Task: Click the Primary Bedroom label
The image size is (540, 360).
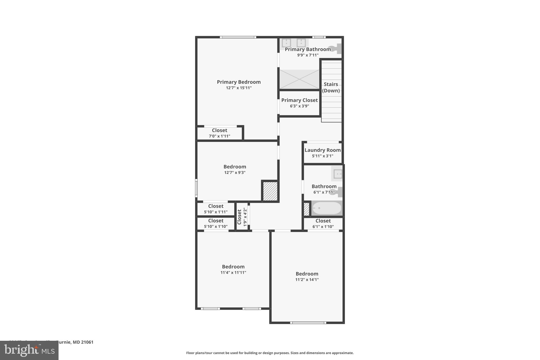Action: coord(239,82)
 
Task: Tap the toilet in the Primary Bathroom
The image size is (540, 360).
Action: coord(336,49)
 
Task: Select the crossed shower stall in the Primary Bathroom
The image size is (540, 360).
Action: coord(299,79)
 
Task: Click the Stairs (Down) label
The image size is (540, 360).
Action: coord(331,87)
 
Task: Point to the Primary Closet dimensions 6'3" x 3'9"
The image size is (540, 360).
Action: coord(299,106)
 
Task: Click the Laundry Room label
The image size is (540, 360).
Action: coord(322,150)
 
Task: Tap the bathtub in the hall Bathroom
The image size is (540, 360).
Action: coord(326,208)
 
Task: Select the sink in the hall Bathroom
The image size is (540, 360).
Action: coord(337,174)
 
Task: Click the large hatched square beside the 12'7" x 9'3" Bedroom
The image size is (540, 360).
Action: coord(270,191)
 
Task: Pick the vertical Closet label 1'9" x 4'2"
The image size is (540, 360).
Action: coord(242,217)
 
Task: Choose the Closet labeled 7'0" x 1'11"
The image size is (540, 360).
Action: coord(219,133)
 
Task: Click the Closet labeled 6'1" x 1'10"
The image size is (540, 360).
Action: coord(323,223)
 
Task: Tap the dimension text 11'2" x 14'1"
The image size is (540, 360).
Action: coord(307,280)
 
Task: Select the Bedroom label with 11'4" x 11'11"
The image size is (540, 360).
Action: coord(233,267)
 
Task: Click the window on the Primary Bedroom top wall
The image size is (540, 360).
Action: coord(238,37)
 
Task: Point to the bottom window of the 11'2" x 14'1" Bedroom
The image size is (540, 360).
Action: coord(308,323)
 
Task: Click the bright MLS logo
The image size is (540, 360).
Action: coord(29,350)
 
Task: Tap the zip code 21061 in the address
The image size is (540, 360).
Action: coord(87,342)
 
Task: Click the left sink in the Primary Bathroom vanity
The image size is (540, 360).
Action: coord(286,43)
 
